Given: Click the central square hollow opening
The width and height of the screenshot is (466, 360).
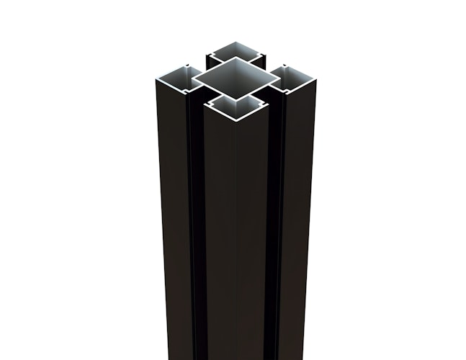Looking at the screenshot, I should (233, 80).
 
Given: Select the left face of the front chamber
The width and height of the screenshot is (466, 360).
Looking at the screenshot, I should (218, 238).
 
